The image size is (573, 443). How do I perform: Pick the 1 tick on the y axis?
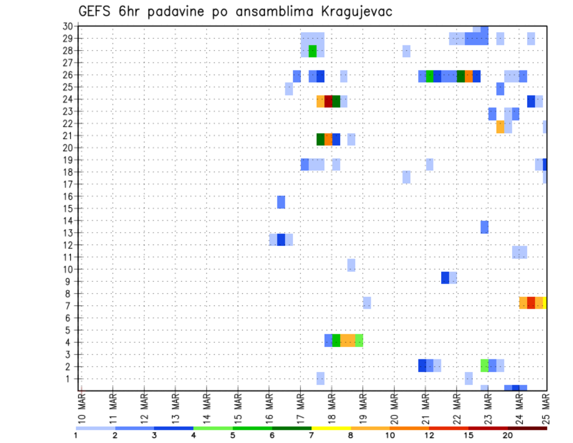(x=70, y=379)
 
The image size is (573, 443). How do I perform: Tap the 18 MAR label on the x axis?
(x=332, y=408)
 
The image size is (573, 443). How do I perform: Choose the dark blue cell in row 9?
(x=445, y=278)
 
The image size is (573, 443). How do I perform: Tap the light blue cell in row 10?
(x=352, y=265)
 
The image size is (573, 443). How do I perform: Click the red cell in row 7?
(x=531, y=303)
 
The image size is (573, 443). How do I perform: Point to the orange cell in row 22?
(x=500, y=127)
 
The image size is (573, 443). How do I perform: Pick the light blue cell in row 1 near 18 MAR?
(x=321, y=379)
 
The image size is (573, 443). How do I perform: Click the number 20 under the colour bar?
(x=508, y=435)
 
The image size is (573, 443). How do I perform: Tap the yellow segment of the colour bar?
(x=331, y=427)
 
